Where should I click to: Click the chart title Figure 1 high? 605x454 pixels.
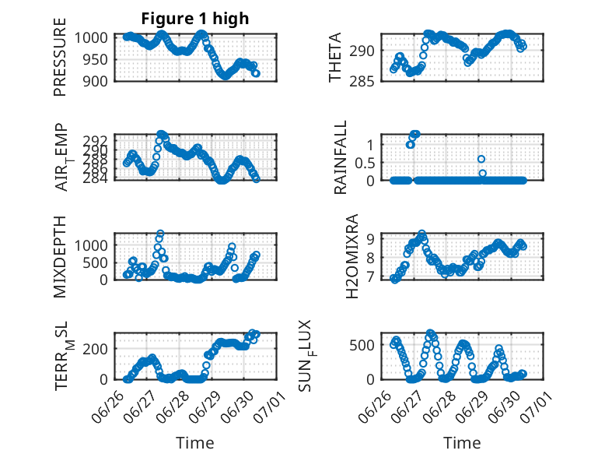pyautogui.click(x=195, y=19)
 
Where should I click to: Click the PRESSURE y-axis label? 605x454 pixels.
pyautogui.click(x=60, y=57)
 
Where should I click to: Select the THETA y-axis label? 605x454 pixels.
pyautogui.click(x=335, y=57)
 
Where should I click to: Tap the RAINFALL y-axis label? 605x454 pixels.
pyautogui.click(x=341, y=157)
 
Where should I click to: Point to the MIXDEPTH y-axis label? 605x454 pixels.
pyautogui.click(x=60, y=257)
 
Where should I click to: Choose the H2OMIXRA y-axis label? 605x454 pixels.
pyautogui.click(x=352, y=256)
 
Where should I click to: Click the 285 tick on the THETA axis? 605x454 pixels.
pyautogui.click(x=362, y=81)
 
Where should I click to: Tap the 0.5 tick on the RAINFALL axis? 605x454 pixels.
pyautogui.click(x=365, y=163)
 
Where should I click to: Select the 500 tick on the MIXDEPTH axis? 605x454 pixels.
pyautogui.click(x=95, y=262)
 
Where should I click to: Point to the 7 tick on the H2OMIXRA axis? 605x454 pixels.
pyautogui.click(x=370, y=276)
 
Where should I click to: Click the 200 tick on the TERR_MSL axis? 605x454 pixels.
pyautogui.click(x=95, y=349)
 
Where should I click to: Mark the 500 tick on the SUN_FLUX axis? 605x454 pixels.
pyautogui.click(x=362, y=345)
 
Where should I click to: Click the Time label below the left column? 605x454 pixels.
pyautogui.click(x=195, y=443)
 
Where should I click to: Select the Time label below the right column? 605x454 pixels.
pyautogui.click(x=462, y=443)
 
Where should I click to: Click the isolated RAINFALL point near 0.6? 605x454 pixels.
pyautogui.click(x=481, y=159)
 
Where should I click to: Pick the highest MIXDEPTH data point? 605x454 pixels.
pyautogui.click(x=160, y=234)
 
